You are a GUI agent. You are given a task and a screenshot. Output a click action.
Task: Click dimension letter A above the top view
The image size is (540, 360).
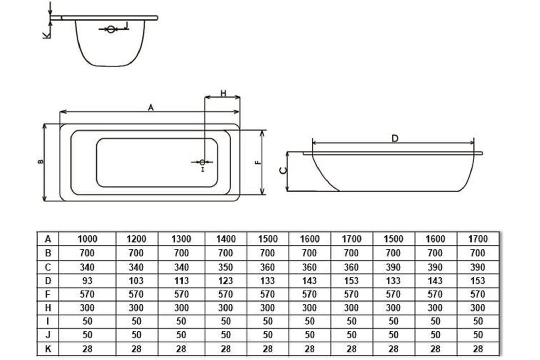click(151, 108)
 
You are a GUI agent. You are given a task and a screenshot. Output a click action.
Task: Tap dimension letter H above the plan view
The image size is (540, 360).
click(224, 93)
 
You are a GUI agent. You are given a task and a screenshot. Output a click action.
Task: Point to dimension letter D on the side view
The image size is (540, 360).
click(395, 139)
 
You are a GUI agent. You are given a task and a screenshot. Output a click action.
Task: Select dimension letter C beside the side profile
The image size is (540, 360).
click(283, 171)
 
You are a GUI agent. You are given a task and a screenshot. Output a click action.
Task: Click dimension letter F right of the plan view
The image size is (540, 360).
click(258, 162)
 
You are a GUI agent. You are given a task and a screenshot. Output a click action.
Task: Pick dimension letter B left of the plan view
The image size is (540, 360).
click(41, 162)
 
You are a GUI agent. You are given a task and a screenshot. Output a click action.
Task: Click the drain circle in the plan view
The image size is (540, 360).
click(202, 162)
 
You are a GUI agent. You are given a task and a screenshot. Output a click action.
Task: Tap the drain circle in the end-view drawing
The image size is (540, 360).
click(111, 29)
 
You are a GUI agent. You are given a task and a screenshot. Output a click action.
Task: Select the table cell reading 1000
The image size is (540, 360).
click(87, 239)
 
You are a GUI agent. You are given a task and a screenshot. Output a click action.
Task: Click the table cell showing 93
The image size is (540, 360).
click(87, 281)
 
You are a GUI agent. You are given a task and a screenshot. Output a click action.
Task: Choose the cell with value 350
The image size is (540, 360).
click(226, 267)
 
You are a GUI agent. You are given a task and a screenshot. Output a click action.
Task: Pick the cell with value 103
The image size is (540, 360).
click(137, 281)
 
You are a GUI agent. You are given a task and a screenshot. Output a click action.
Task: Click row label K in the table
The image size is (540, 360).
click(48, 349)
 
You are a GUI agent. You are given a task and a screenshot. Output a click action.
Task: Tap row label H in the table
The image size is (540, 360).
click(48, 308)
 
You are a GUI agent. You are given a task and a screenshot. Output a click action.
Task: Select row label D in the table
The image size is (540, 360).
click(48, 281)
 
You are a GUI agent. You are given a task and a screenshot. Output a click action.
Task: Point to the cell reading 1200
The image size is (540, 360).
click(137, 239)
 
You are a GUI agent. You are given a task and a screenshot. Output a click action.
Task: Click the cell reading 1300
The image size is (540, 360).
click(181, 239)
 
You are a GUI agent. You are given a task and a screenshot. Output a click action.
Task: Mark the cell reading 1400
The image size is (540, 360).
click(226, 239)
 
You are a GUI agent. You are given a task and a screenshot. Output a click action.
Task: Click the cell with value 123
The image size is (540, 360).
click(226, 281)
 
